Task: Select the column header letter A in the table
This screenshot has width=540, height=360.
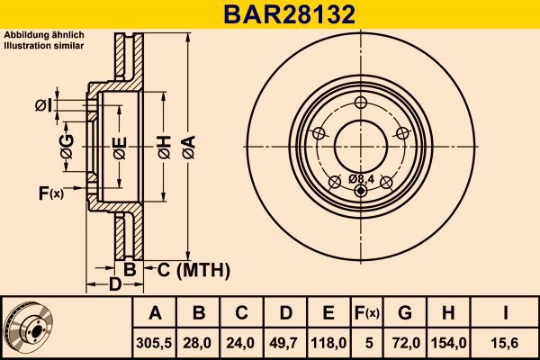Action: click(x=155, y=313)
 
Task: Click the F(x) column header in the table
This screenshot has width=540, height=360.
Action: click(x=367, y=313)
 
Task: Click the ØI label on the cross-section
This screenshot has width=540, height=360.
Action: click(x=43, y=105)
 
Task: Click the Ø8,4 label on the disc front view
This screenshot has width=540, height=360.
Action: click(x=360, y=179)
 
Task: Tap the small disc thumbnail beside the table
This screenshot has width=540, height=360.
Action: click(x=29, y=327)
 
